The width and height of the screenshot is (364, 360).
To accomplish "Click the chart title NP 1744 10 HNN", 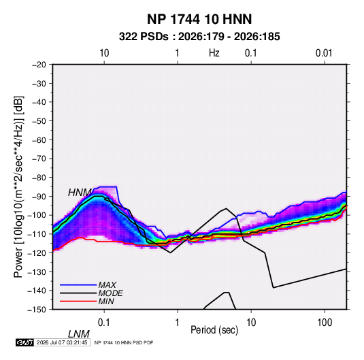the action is click(199, 19).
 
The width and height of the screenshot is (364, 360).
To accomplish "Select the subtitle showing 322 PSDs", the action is click(199, 37).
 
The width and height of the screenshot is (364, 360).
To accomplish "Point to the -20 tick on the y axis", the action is click(39, 65).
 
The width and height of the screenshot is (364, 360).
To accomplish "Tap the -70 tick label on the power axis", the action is click(39, 159).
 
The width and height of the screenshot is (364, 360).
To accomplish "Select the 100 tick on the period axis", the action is click(325, 323).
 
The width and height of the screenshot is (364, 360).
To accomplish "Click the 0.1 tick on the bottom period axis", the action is click(104, 323).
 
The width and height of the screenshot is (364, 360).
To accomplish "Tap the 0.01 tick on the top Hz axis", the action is click(324, 53).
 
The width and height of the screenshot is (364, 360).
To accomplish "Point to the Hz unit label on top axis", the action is click(214, 53).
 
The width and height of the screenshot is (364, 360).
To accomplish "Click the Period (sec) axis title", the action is click(214, 330).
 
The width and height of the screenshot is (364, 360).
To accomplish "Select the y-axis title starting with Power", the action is click(18, 187).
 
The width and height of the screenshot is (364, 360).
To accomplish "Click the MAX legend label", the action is click(107, 285).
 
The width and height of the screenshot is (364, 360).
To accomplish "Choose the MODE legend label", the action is click(110, 293).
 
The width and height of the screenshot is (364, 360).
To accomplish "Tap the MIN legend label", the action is click(106, 301).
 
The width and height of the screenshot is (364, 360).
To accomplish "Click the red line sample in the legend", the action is click(78, 301).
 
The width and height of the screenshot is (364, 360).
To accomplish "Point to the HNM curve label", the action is click(80, 193).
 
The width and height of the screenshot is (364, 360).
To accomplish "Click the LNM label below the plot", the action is click(79, 334).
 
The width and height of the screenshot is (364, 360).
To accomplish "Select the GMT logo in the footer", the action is click(25, 342).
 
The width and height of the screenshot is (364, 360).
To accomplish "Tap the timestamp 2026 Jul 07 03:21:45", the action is click(62, 342).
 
